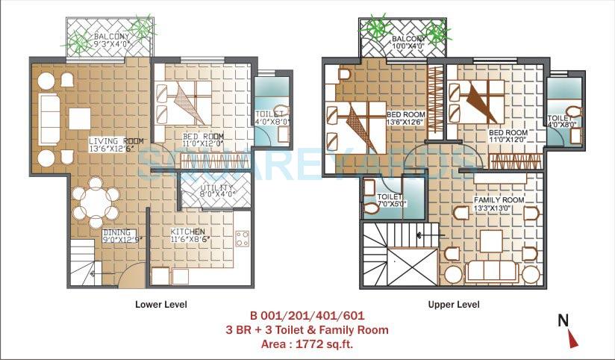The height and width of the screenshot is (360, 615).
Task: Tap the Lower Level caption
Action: point(161,304)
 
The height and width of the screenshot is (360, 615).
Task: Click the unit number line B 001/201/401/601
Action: point(307,317)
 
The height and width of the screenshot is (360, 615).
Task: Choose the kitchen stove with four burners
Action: point(243,239)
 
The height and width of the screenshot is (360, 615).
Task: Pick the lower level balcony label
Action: point(111,40)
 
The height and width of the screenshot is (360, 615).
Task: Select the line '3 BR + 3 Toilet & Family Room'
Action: point(307,329)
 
